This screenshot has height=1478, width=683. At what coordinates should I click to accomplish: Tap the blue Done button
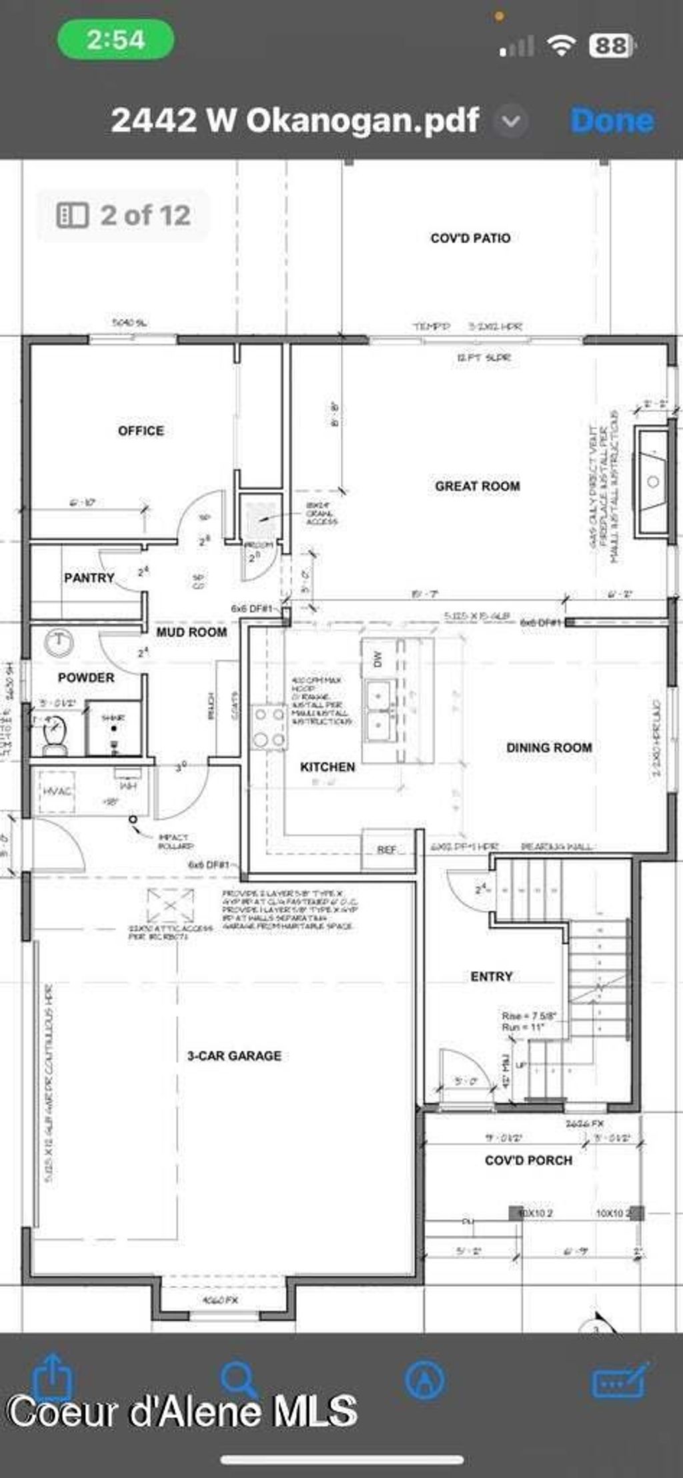click(x=612, y=121)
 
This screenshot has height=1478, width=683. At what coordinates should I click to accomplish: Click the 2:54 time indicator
click(x=115, y=40)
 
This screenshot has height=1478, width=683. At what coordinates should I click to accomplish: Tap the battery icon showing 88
click(x=610, y=45)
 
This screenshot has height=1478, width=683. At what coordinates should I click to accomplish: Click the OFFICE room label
click(x=141, y=431)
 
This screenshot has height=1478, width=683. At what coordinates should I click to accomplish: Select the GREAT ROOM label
click(x=477, y=486)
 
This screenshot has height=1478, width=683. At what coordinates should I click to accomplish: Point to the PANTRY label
click(x=89, y=577)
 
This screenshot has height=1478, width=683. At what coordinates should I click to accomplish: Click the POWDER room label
click(x=86, y=677)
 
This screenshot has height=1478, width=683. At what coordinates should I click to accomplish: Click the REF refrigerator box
click(x=387, y=849)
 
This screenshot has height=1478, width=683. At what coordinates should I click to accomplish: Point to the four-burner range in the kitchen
click(x=269, y=727)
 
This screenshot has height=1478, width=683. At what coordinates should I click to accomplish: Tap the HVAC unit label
click(x=57, y=791)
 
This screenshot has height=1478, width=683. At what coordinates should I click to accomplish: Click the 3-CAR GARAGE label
click(x=234, y=1055)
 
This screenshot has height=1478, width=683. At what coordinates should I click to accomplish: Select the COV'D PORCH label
click(x=528, y=1160)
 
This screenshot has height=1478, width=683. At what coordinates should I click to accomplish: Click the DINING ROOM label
click(x=549, y=747)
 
